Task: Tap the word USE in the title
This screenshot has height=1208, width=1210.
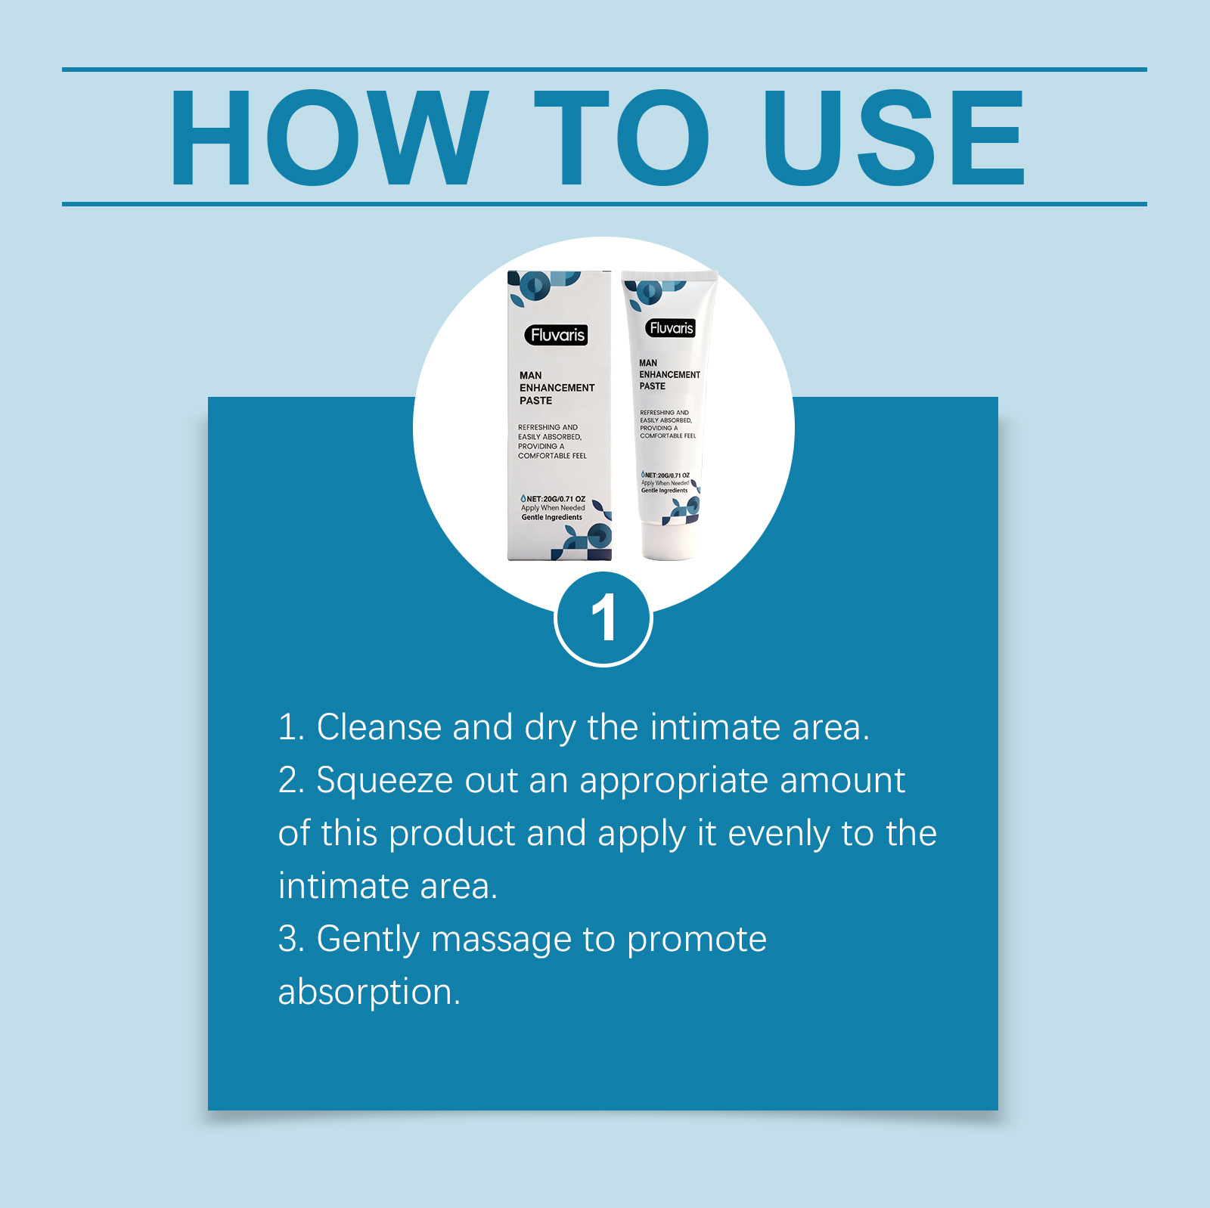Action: [894, 137]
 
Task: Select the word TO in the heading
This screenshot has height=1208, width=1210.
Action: [622, 137]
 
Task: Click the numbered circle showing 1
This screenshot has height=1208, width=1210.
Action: [603, 618]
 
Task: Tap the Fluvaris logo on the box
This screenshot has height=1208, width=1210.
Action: [557, 335]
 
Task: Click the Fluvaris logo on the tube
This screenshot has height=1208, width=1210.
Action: [671, 328]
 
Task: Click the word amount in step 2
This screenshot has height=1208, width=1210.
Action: [842, 781]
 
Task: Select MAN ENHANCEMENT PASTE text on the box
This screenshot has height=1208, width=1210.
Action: [557, 388]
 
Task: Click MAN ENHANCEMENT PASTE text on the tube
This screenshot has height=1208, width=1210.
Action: [669, 374]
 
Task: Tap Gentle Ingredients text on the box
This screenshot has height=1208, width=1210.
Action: [551, 517]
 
